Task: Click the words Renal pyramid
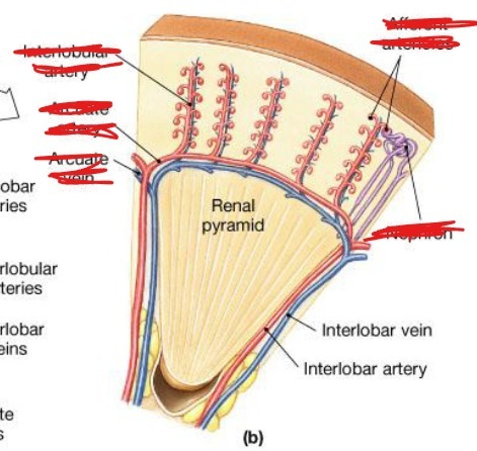tap(233, 216)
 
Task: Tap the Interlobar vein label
tap(376, 331)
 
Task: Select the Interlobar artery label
tap(365, 369)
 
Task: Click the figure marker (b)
tap(253, 438)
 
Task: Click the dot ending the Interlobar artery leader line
tap(267, 329)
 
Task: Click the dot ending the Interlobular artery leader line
tap(190, 104)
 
